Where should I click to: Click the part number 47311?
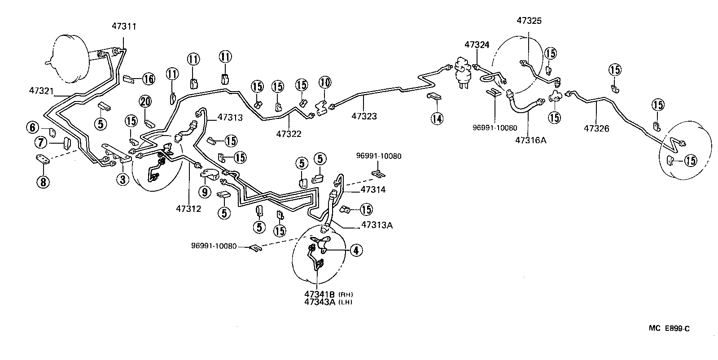124,26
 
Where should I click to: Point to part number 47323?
364,116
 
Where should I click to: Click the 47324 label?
477,44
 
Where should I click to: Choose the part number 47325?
529,20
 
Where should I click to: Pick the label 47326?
596,129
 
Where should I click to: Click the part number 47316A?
530,140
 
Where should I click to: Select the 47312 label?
188,208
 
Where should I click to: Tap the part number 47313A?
377,225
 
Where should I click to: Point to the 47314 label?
373,190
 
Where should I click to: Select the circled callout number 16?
148,79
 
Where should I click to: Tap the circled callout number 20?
145,102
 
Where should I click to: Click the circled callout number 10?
325,82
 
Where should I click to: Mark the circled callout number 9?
205,192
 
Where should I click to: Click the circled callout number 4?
355,250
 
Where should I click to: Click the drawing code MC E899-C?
669,329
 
